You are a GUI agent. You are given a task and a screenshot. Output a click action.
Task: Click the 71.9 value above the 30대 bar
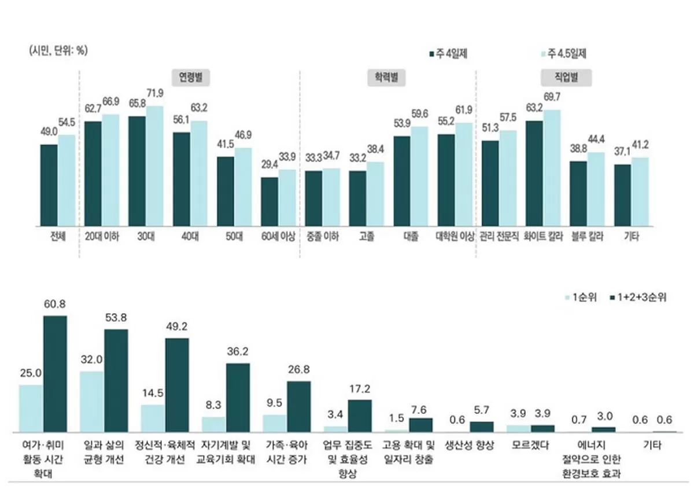(x=155, y=93)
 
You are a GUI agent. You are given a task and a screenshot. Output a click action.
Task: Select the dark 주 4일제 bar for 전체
(x=49, y=185)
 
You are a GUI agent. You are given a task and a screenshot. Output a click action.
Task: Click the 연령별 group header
(x=190, y=76)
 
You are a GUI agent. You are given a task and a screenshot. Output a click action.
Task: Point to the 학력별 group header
(x=386, y=76)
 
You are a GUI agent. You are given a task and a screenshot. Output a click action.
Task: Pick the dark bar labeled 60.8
(x=55, y=373)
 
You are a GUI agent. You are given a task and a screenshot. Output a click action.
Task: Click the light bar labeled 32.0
(x=91, y=401)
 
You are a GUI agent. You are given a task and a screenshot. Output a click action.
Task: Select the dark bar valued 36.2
(x=238, y=397)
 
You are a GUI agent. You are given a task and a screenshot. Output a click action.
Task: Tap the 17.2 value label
(x=359, y=388)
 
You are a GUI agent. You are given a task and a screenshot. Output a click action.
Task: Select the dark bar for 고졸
(x=357, y=198)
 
